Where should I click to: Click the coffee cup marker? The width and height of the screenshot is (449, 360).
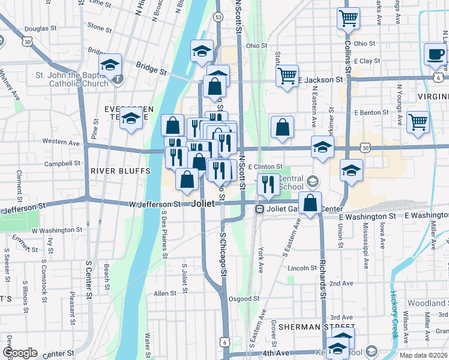coord(435,55)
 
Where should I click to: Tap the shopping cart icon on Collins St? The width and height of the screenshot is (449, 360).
coord(348,19)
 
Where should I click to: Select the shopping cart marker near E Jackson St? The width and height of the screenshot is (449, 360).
coord(288,76)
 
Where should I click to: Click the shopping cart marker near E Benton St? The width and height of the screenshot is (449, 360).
coord(418,122)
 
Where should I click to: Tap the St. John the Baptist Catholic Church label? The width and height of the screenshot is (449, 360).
coord(72,79)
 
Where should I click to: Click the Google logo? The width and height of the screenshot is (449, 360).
coord(20,353)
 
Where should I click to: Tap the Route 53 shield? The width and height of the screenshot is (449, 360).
coord(218,17)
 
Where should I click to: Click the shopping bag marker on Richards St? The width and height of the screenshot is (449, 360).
coord(310,203)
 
